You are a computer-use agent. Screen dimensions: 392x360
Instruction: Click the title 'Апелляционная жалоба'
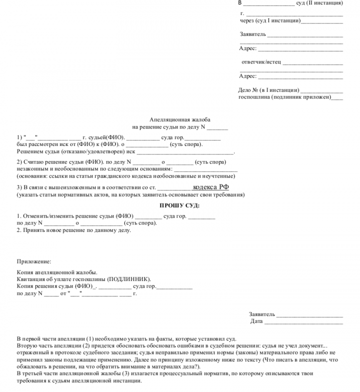click(x=180, y=120)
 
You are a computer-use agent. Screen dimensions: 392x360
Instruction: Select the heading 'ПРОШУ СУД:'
click(x=179, y=205)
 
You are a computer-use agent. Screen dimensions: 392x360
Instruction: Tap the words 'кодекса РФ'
click(x=211, y=187)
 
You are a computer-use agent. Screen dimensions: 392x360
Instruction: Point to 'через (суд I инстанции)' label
click(x=270, y=21)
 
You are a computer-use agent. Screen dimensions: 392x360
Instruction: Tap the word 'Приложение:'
click(x=34, y=261)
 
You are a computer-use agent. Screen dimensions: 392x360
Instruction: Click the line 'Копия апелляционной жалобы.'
click(x=57, y=272)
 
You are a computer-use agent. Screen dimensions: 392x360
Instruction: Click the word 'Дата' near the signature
click(x=256, y=321)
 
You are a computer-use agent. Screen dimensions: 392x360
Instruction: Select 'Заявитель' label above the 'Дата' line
click(x=262, y=314)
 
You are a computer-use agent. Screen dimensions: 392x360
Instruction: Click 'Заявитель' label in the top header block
click(x=253, y=35)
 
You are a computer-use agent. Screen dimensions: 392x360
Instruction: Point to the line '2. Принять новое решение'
click(x=74, y=230)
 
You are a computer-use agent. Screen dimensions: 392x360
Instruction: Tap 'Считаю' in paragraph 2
click(x=34, y=162)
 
